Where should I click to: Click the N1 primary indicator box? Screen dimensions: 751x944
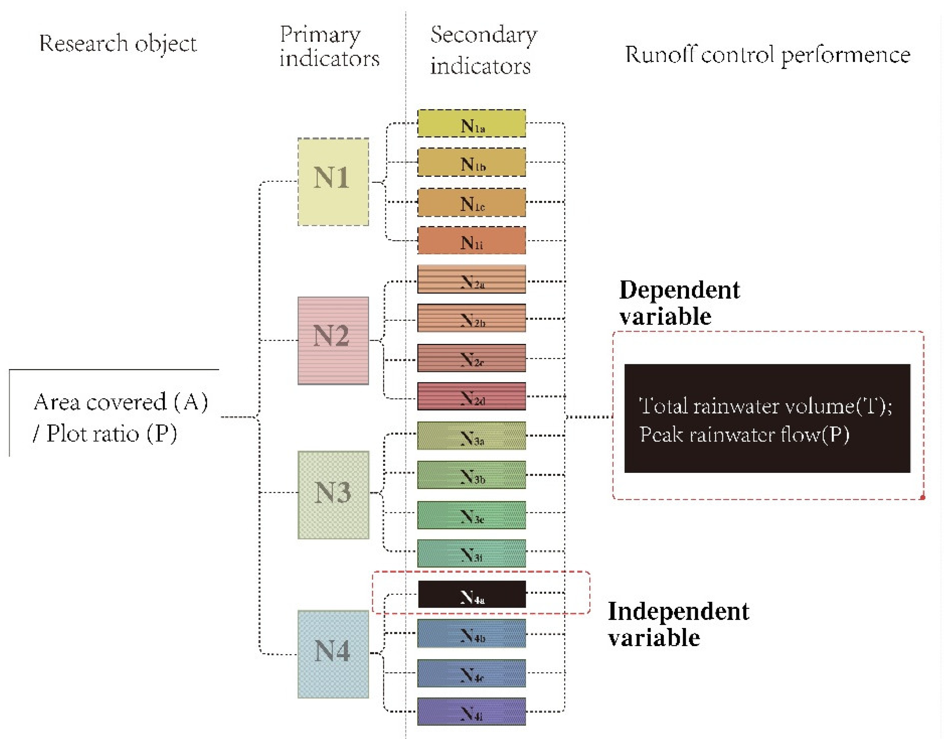coord(333,182)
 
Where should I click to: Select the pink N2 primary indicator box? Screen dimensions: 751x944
coord(333,341)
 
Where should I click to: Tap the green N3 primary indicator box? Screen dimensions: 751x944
coord(333,495)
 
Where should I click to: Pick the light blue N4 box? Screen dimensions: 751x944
coord(333,654)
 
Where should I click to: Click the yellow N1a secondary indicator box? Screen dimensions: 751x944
coord(471,123)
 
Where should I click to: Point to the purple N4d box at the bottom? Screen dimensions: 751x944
coord(471,711)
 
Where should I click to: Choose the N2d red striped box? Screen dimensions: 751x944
coord(471,396)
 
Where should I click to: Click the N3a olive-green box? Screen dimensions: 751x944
coord(471,436)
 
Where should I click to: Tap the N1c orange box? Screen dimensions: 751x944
coord(471,202)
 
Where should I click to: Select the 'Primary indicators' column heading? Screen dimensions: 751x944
coord(329,47)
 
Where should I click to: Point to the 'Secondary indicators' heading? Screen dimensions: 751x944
coord(483,50)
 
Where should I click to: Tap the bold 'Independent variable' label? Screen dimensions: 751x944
coord(678,624)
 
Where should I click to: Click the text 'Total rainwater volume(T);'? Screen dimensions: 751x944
coord(765,406)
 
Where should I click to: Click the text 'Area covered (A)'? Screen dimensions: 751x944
coord(120,402)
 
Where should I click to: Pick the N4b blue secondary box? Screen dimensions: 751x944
coord(471,634)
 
